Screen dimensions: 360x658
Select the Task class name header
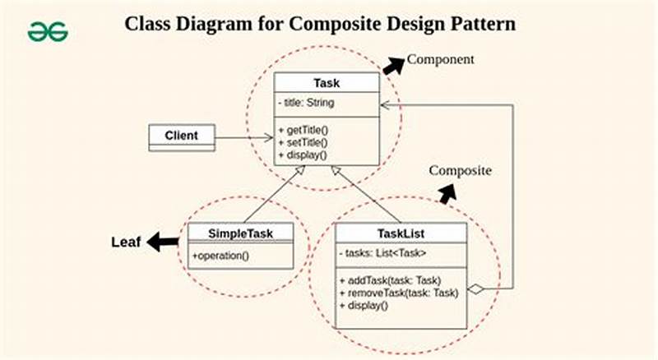327,83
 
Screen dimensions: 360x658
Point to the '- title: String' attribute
307,103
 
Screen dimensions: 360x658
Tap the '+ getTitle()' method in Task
304,130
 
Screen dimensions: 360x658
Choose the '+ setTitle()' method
304,142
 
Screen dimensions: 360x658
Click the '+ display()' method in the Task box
302,155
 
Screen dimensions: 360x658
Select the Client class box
181,136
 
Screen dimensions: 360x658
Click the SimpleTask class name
240,233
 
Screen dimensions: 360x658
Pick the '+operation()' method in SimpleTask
220,256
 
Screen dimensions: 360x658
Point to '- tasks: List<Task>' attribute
382,253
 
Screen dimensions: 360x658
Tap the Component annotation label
441,60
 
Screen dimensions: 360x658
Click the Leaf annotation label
127,242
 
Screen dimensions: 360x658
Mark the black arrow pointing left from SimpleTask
163,242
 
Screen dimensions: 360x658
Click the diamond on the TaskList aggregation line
475,288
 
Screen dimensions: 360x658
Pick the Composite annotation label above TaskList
460,171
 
